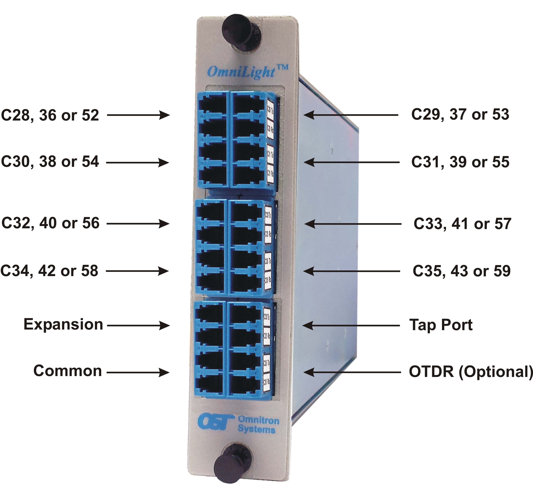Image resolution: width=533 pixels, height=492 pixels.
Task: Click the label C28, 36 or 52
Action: pos(50,115)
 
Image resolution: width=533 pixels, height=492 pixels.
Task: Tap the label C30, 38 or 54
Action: pos(50,162)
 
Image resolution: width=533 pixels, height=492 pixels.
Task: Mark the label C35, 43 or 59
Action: pos(461,271)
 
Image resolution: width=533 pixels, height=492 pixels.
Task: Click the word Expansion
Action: pos(63,325)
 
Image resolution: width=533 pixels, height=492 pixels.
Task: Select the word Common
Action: pos(68,371)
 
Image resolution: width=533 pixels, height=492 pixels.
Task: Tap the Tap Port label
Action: pos(441,325)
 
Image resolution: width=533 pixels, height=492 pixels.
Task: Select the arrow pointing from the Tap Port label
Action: pos(351,325)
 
